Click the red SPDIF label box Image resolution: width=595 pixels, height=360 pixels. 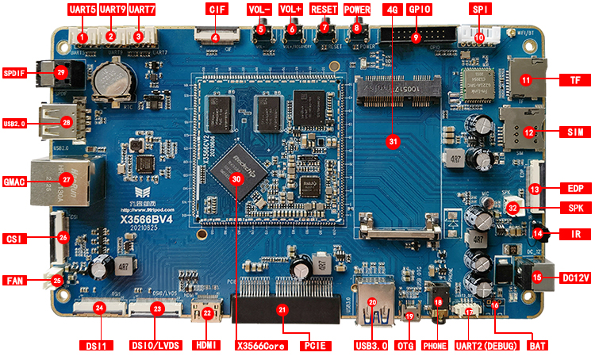(14, 73)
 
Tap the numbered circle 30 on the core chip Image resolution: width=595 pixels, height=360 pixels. (236, 179)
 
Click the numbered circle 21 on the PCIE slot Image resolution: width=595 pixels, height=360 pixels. (282, 310)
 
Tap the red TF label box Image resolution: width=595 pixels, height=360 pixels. (570, 80)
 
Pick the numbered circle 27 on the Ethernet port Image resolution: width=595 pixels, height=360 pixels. (67, 180)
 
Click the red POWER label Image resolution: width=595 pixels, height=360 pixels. (357, 10)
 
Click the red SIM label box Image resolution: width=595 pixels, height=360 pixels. (570, 131)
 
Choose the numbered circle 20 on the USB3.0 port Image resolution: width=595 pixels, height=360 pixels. (371, 302)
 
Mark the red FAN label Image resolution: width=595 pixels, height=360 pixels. (14, 281)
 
